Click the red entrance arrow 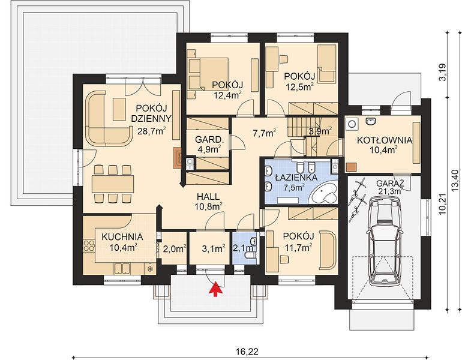216,289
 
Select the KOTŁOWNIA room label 385,140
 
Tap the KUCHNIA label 122,236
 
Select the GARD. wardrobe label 208,139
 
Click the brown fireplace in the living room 178,158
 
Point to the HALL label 208,196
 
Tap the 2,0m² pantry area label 175,248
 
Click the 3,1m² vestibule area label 214,248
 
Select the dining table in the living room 113,184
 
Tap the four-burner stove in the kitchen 89,247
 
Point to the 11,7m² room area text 298,247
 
